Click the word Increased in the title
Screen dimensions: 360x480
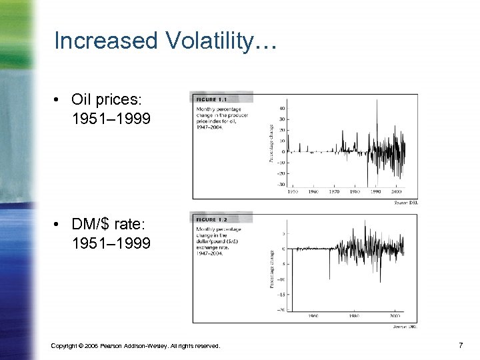[104, 41]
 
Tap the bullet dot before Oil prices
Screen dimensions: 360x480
[59, 100]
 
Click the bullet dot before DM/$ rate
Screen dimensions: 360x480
[59, 225]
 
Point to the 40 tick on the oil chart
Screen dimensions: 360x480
[282, 109]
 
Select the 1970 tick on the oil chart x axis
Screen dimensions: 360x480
[335, 191]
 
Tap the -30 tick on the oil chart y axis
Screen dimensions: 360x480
[281, 185]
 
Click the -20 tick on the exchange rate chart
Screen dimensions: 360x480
[282, 309]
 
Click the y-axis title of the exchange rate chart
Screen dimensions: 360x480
[271, 269]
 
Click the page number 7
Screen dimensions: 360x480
[460, 345]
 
